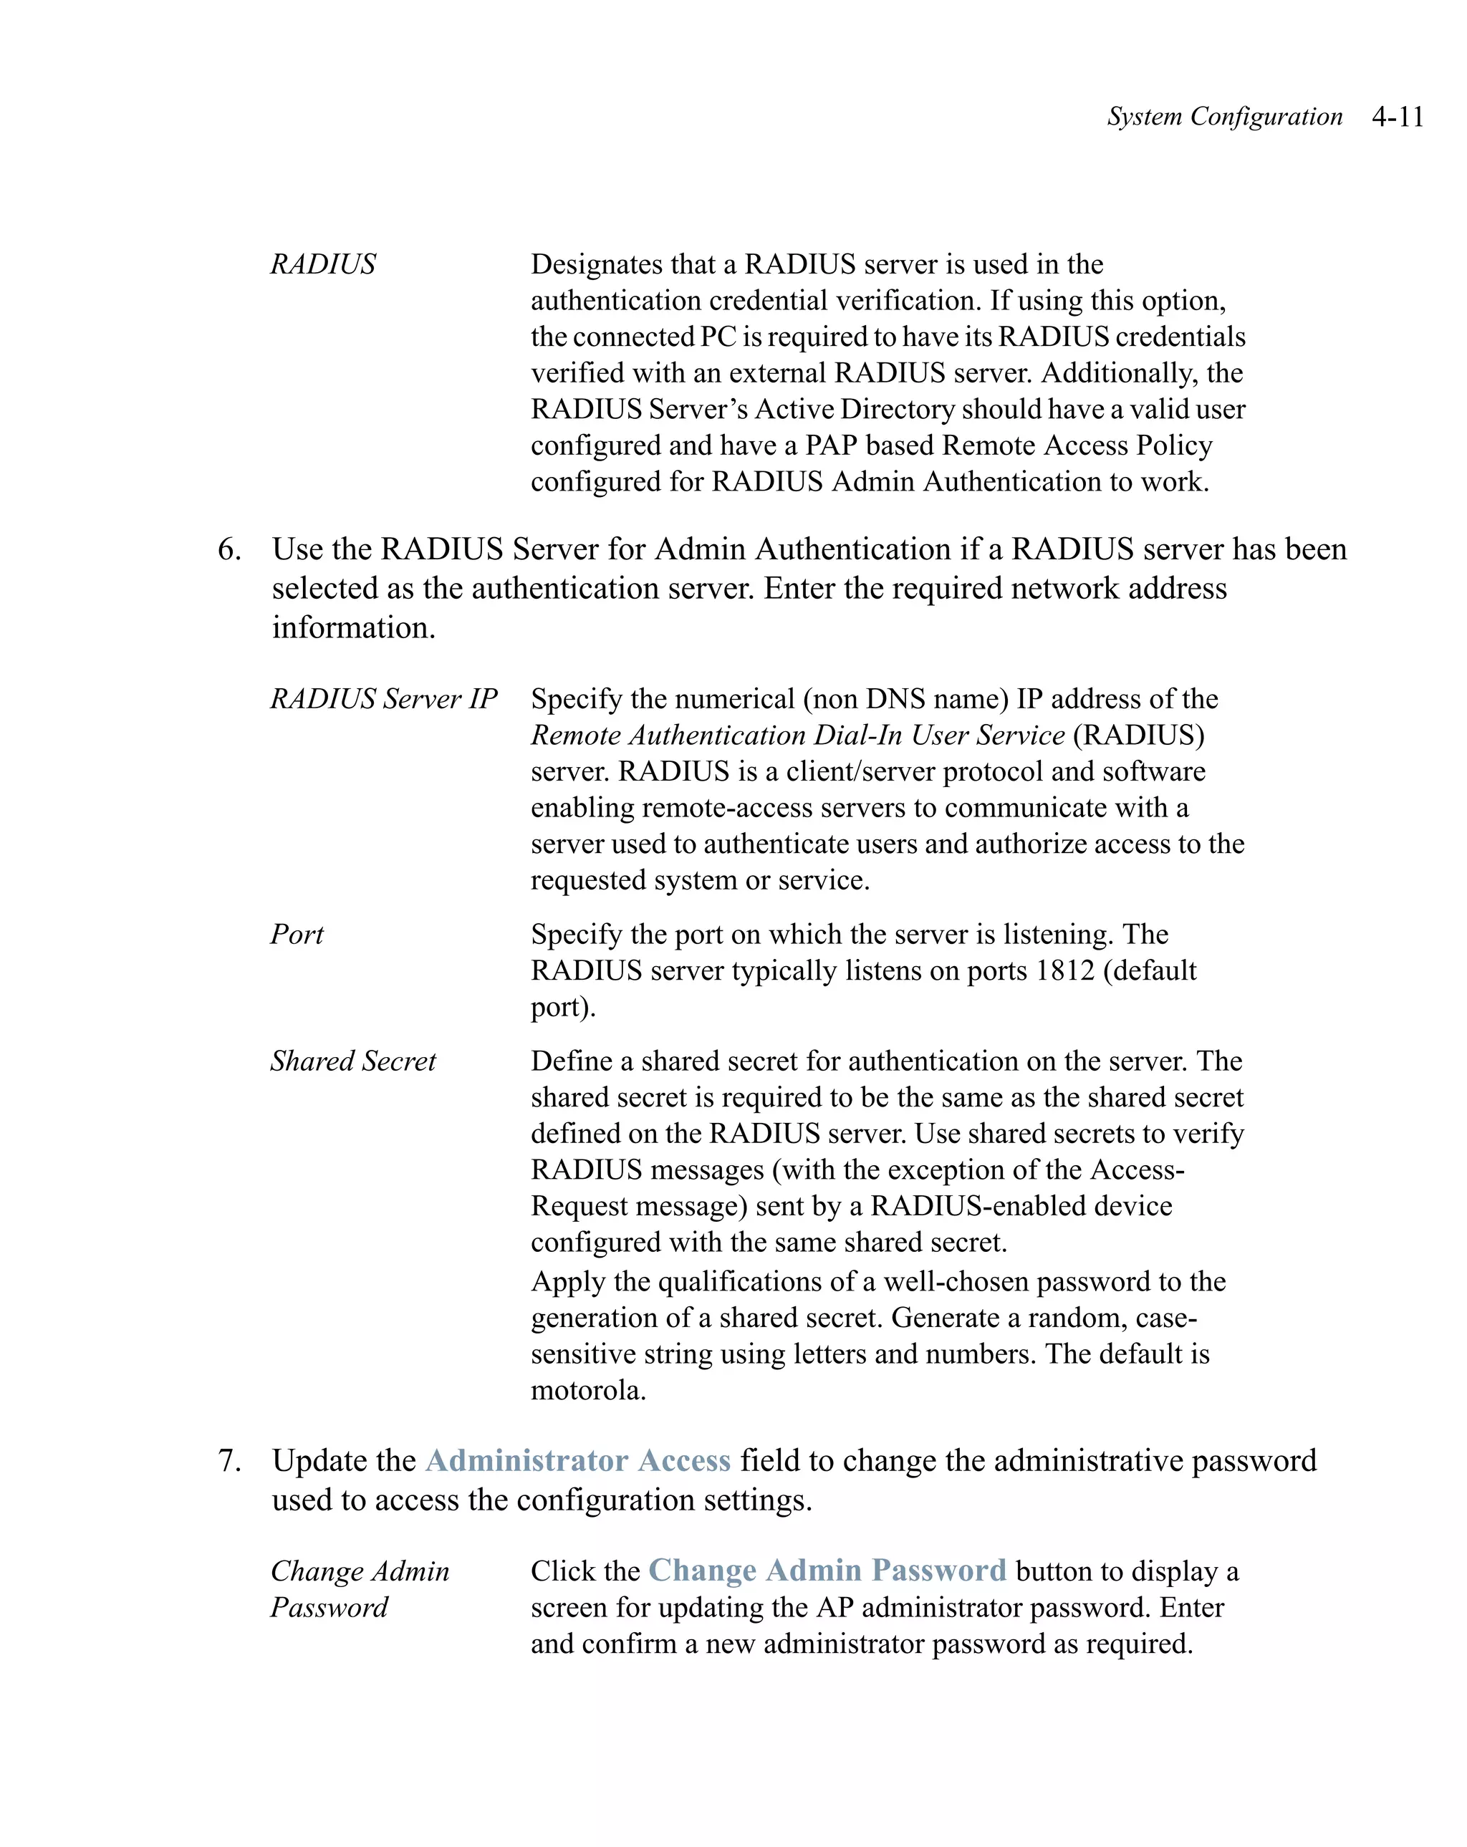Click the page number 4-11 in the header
1397,117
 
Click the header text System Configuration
1224,117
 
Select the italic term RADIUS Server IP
384,699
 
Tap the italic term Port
297,935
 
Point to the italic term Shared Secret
353,1061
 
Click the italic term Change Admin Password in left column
360,1589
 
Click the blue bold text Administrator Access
577,1461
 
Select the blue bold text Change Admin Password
827,1571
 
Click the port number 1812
1065,970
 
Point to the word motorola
588,1390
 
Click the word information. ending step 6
354,628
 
